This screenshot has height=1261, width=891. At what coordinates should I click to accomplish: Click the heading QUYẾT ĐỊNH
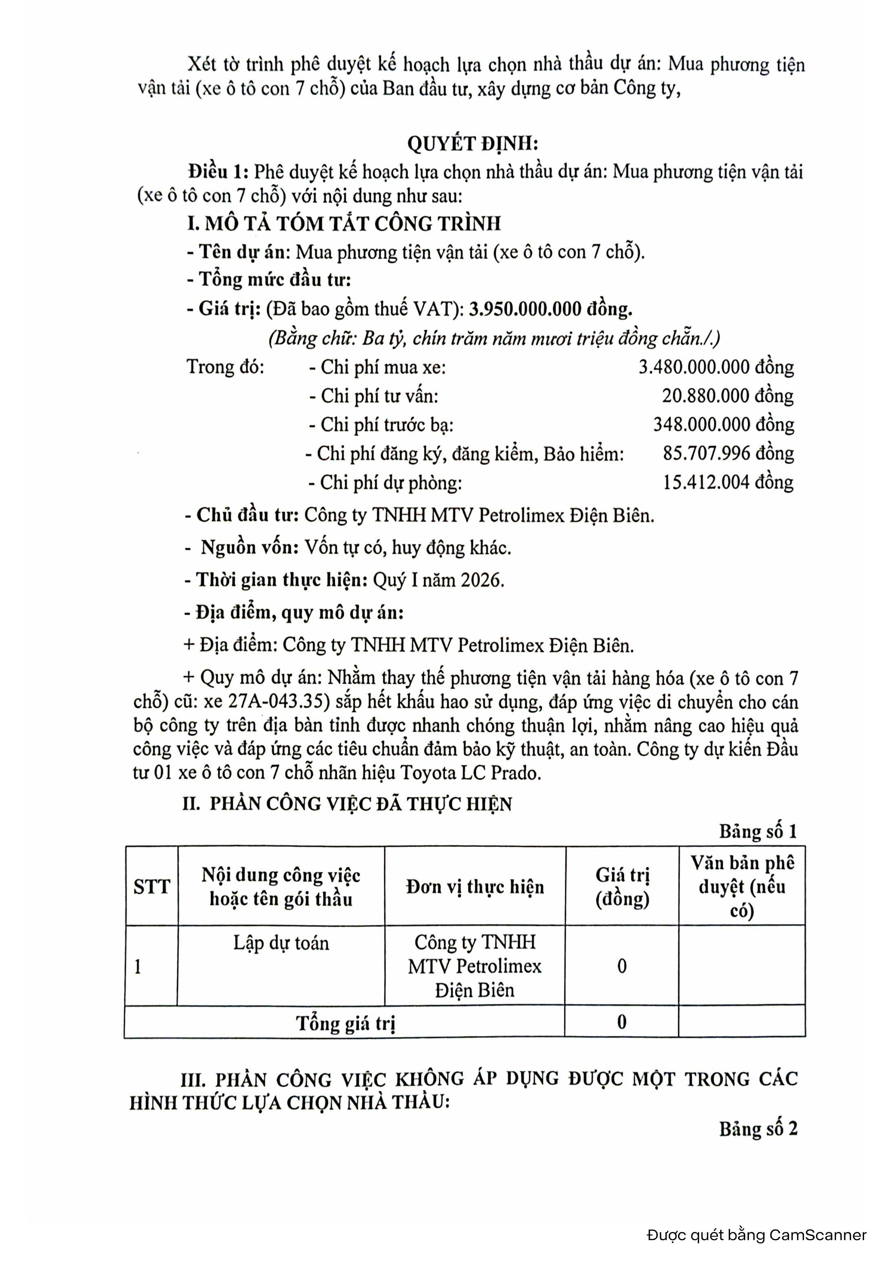(472, 144)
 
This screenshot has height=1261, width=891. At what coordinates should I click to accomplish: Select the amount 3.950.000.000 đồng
(550, 309)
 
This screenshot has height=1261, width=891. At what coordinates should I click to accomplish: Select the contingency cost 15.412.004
(706, 482)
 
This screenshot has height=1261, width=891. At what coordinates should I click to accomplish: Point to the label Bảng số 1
(758, 832)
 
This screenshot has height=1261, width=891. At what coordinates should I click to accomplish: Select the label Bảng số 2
(758, 1129)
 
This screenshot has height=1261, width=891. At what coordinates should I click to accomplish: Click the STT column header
(152, 887)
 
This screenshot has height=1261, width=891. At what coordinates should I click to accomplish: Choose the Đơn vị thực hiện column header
(475, 887)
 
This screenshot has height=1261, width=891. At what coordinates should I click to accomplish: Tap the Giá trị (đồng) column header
(622, 887)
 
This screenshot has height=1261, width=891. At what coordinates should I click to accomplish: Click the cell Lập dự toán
(281, 943)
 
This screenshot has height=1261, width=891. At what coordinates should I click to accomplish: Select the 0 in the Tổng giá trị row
(622, 1022)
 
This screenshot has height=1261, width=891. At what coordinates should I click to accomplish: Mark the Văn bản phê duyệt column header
(742, 887)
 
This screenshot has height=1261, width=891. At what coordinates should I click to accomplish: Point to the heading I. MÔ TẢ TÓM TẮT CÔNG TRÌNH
(344, 224)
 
